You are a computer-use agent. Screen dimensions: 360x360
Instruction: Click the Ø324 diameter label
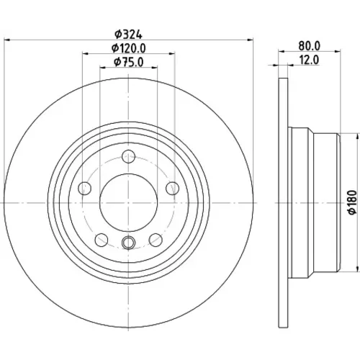[x=128, y=35]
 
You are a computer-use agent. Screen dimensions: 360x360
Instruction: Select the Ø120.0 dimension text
[x=128, y=48]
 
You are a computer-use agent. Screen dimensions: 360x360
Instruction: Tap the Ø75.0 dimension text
[x=128, y=62]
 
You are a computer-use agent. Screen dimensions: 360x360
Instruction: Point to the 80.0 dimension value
[x=310, y=46]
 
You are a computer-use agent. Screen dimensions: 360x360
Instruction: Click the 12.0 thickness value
[x=310, y=60]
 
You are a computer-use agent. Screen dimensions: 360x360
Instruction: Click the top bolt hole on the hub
[x=128, y=156]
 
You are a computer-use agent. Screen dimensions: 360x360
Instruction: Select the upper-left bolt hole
[x=85, y=188]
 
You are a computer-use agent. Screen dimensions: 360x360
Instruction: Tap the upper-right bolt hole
[x=172, y=188]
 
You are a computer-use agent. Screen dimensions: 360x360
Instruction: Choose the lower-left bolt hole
[x=102, y=240]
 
